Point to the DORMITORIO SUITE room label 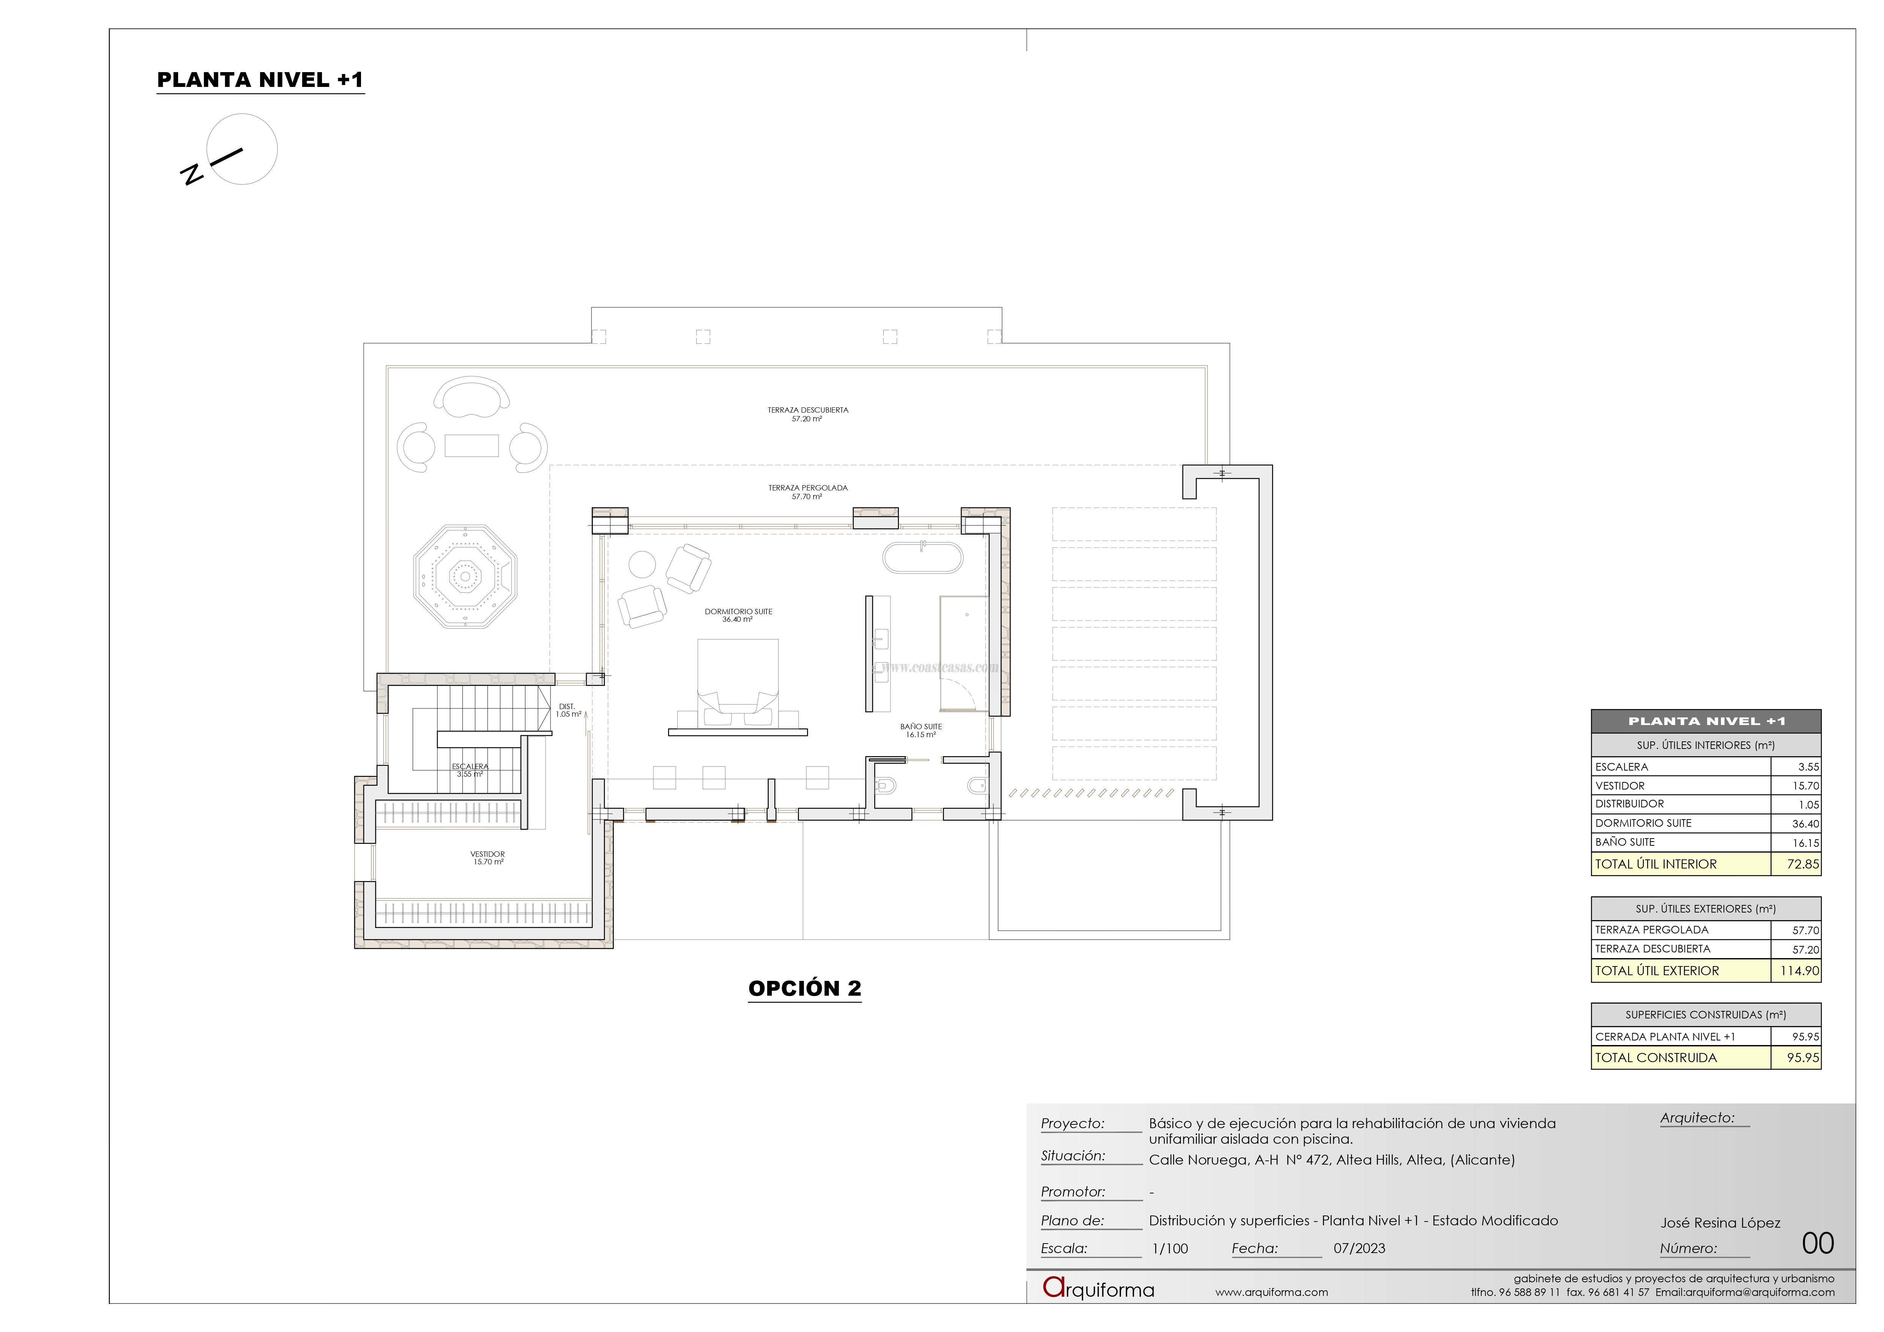[x=738, y=615]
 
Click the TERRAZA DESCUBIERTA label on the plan [x=807, y=414]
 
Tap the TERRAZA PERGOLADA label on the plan [x=807, y=492]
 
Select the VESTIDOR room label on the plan [x=487, y=858]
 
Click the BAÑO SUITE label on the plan [x=921, y=730]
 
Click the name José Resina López [x=1720, y=1223]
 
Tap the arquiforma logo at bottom [x=1098, y=1288]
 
